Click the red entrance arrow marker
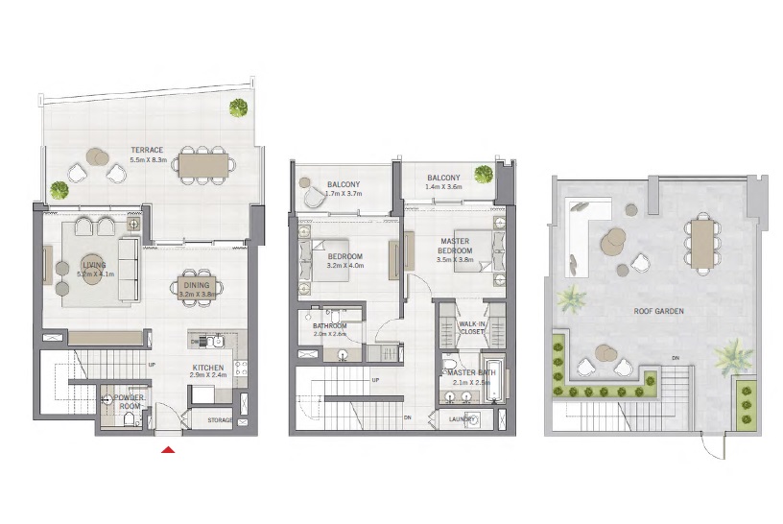[169, 449]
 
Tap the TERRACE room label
[148, 150]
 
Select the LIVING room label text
[94, 265]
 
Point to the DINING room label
[196, 285]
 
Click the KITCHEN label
[208, 367]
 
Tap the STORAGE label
[220, 420]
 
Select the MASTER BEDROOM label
[454, 246]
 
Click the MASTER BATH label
[471, 372]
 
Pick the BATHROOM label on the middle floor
[329, 325]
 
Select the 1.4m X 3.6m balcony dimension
[444, 187]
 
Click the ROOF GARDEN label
[657, 312]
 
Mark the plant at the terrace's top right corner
[237, 107]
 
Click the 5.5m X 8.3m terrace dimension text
[148, 159]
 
